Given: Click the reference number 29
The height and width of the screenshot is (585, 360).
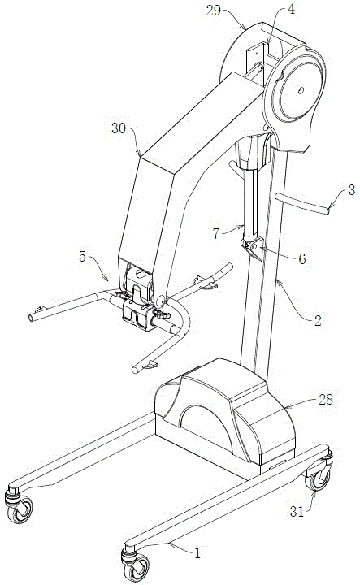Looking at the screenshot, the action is click(x=214, y=11).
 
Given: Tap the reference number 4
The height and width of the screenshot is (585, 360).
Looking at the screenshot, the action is click(x=291, y=9).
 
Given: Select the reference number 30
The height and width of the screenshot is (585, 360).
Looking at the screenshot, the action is click(x=119, y=128).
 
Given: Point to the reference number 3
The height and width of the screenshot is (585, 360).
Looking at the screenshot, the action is click(x=351, y=190).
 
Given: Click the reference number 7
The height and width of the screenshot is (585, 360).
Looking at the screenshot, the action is click(x=216, y=233).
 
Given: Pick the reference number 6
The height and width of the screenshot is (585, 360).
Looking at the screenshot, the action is click(x=302, y=258).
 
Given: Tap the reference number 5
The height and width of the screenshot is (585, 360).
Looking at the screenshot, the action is click(x=83, y=256).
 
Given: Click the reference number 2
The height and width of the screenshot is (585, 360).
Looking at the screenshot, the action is click(x=317, y=320).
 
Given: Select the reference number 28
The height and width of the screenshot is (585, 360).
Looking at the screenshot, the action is click(x=326, y=400).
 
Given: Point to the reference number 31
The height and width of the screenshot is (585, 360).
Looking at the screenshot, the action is click(x=297, y=512).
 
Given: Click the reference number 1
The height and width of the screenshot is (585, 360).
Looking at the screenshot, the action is click(x=198, y=553).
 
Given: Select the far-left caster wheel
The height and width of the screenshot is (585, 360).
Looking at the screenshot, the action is click(x=19, y=507).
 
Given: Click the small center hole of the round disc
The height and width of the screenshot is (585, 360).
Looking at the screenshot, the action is click(x=301, y=90).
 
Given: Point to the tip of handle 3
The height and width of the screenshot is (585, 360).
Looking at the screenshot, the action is click(x=328, y=212).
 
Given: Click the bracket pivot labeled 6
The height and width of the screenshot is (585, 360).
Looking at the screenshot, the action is click(x=254, y=247).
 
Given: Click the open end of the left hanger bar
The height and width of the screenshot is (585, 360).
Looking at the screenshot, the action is click(x=32, y=318).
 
